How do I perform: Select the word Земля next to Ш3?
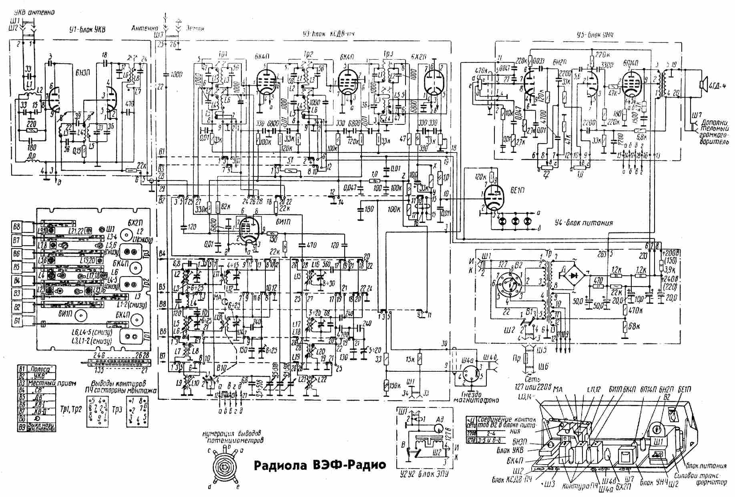(x=196, y=29)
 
